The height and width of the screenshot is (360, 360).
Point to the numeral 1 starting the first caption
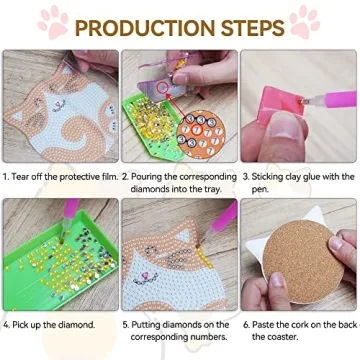coord(6,176)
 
